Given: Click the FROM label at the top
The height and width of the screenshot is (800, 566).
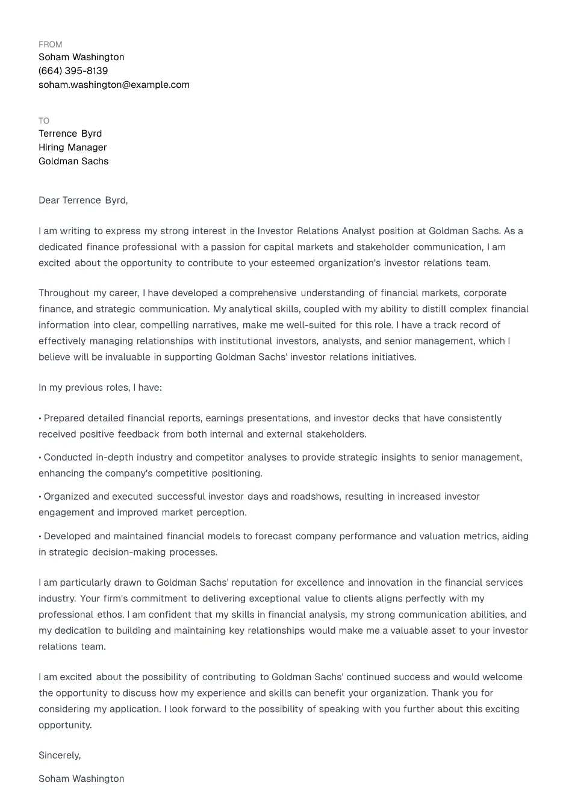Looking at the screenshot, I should [x=50, y=45].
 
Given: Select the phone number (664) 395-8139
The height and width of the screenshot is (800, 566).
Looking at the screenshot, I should [x=73, y=71].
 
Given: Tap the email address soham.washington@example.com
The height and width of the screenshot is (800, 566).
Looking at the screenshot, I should [x=114, y=85].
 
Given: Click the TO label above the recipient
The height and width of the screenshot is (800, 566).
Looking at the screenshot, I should [x=44, y=121].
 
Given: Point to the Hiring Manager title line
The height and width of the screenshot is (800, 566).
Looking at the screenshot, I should [x=72, y=147].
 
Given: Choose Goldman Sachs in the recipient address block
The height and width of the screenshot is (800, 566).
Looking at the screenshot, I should [x=73, y=161].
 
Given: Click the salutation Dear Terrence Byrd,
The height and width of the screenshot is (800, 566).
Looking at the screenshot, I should [x=83, y=200].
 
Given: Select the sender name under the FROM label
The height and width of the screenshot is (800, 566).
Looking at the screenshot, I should [x=81, y=57].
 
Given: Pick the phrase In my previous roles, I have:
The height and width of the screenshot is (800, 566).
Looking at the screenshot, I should [x=100, y=388].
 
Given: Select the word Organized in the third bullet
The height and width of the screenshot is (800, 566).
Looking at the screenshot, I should [x=66, y=497].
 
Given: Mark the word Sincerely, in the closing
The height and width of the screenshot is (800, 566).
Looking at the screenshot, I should [x=60, y=755].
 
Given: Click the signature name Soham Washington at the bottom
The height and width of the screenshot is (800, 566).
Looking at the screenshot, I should [x=81, y=779].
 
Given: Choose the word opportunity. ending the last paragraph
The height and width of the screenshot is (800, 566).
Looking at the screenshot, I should [x=65, y=725].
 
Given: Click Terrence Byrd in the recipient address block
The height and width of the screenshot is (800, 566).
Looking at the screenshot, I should [x=70, y=134].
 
